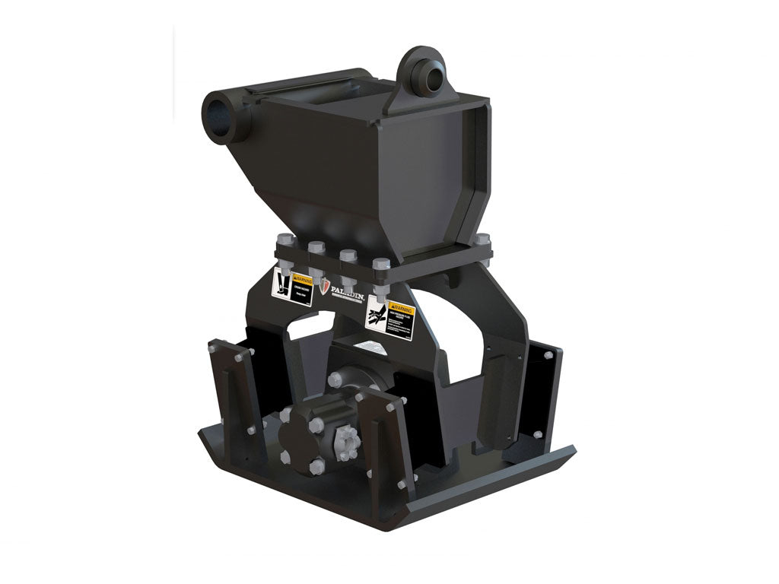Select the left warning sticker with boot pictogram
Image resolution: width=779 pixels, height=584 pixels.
tap(292, 287)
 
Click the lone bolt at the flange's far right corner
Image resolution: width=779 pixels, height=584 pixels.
tap(482, 239)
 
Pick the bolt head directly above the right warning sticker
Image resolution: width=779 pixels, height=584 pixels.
tap(382, 263)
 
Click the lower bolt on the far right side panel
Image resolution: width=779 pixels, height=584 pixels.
tap(538, 434)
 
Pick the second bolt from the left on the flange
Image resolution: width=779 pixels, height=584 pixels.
tap(315, 246)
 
